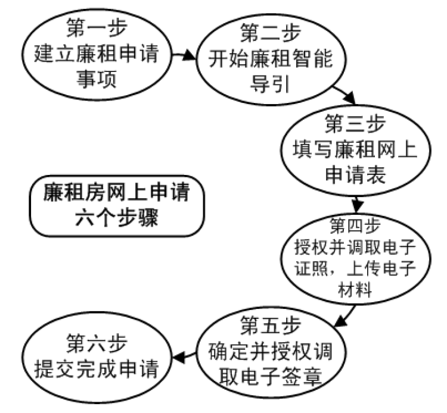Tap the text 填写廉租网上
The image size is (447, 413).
[x=355, y=149]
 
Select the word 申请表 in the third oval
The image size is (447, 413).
[x=355, y=174]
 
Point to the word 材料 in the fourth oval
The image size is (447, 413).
[x=355, y=292]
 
